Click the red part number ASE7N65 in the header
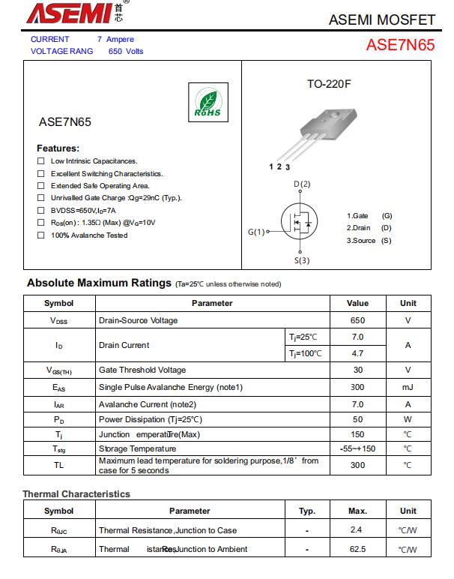[x=400, y=44]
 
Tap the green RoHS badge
[x=208, y=103]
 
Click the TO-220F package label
[x=328, y=84]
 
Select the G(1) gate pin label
[x=256, y=232]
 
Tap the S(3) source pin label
[x=301, y=260]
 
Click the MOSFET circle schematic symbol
[x=300, y=222]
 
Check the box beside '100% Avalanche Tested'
[x=41, y=235]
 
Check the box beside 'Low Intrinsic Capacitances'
[x=41, y=161]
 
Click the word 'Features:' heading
[x=58, y=148]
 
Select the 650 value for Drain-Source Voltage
[x=357, y=320]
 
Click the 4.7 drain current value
[x=357, y=353]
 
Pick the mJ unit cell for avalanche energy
[x=408, y=387]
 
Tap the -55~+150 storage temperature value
[x=357, y=448]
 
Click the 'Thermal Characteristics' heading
[x=76, y=494]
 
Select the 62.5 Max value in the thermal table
[x=357, y=549]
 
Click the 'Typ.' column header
[x=307, y=511]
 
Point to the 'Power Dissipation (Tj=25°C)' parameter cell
[x=151, y=419]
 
